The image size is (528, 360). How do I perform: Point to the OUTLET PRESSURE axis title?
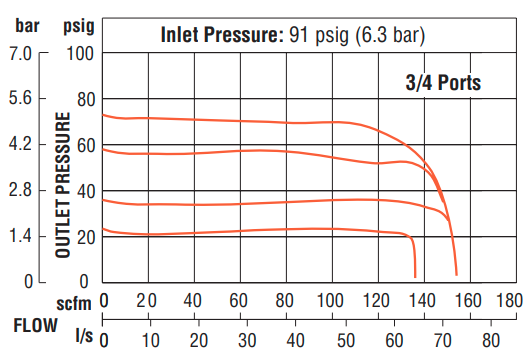[x=63, y=186]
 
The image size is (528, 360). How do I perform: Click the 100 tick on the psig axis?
[x=81, y=53]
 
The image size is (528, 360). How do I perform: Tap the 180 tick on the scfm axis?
[x=508, y=301]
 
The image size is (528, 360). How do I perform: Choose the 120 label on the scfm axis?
[x=375, y=301]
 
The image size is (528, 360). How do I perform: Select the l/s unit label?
[x=85, y=338]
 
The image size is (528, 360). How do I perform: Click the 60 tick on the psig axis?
[x=85, y=145]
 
